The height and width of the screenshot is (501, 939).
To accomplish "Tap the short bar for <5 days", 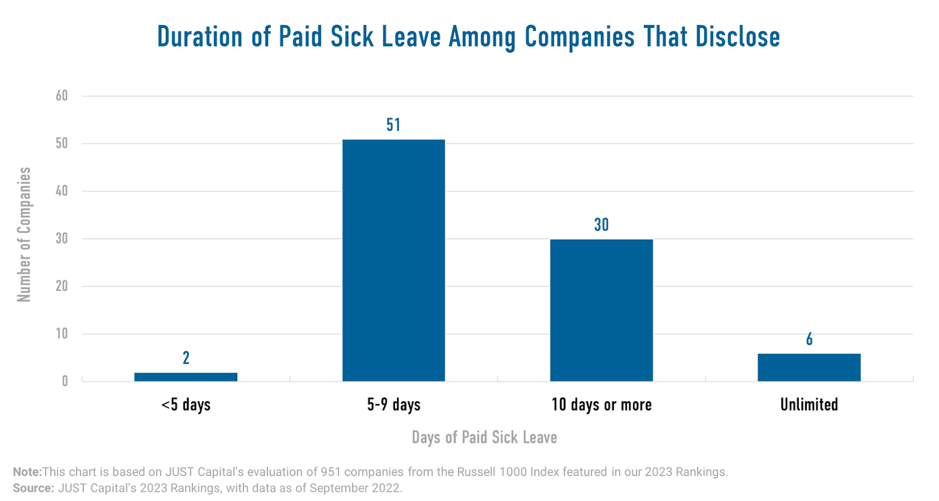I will pos(185,377).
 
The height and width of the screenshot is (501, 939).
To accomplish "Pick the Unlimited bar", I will pos(809,367).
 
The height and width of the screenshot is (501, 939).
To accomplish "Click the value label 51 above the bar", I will pos(393,125).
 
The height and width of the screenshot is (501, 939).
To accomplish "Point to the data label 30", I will pos(601,225).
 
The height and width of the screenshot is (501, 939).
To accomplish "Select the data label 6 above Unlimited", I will pos(809,339).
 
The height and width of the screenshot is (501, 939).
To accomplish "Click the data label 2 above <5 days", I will pos(186,358).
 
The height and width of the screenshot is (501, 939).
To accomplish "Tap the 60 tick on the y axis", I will pos(62,96).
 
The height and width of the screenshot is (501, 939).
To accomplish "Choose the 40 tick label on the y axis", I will pos(62,191).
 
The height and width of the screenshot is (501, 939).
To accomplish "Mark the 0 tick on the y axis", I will pos(65,381).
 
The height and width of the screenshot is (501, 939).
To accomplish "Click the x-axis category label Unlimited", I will pos(809,405).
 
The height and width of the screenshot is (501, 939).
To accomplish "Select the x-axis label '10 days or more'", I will pos(601,405).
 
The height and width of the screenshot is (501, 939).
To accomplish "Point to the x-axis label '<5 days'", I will pos(185,405).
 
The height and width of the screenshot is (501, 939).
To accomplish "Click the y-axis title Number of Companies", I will pos(24,235).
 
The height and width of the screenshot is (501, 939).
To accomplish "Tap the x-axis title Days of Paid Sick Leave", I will pos(484,438).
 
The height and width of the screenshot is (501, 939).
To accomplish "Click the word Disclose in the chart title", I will pos(738,37).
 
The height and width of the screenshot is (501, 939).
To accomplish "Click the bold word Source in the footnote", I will pos(33,488).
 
